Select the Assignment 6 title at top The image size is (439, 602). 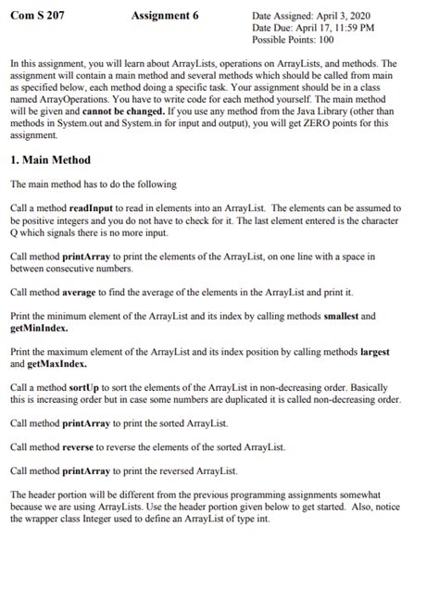coord(165,16)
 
